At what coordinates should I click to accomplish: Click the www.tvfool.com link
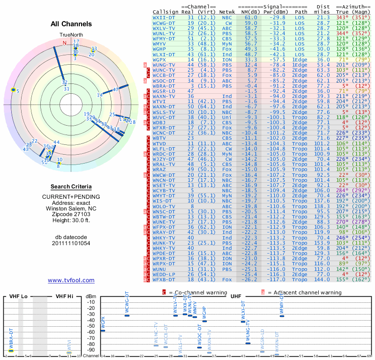tap(71, 280)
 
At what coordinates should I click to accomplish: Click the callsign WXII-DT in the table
tap(164, 17)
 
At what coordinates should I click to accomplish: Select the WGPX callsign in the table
tap(159, 60)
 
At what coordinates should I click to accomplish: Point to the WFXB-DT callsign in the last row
tap(164, 279)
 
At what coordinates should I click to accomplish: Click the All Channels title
tap(71, 24)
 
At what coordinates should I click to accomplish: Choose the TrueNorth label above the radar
tap(71, 35)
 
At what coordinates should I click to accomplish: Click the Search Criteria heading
tap(71, 187)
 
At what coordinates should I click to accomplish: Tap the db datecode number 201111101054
tap(71, 243)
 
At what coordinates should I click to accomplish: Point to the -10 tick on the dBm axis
tap(91, 302)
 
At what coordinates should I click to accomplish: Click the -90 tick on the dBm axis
tap(91, 350)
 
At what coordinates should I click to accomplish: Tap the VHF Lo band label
tap(18, 296)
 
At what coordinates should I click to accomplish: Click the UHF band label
tap(236, 296)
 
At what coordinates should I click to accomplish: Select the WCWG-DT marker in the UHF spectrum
tap(127, 315)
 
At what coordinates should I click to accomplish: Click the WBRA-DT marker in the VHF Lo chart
tap(11, 351)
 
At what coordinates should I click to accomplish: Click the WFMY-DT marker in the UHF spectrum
tap(282, 316)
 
